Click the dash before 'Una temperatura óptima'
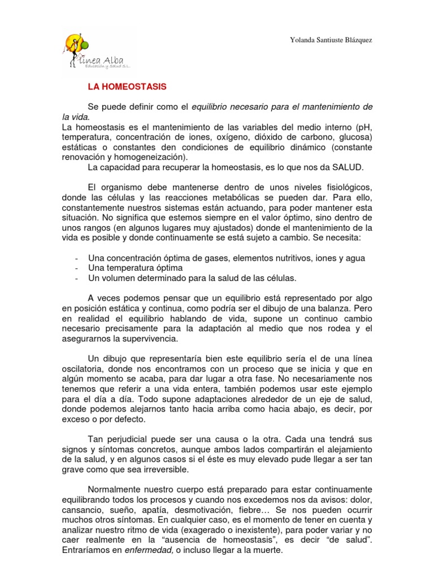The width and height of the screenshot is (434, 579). [x=76, y=268]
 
